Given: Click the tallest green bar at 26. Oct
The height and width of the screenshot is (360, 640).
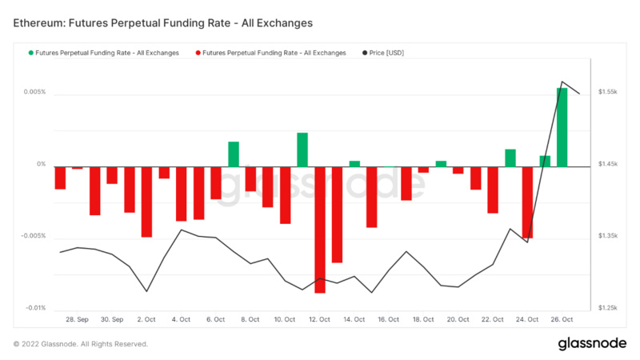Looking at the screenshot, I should coord(562,127).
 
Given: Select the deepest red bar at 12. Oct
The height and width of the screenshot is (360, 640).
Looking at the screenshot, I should coord(320,230).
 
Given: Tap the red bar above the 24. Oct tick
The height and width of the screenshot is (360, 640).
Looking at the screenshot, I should coord(527,202).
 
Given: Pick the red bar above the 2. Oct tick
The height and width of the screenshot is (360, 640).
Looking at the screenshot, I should coord(146,202).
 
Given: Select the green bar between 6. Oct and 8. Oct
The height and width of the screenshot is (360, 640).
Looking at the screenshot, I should coord(234,154).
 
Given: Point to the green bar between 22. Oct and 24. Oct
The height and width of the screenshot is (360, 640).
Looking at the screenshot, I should coord(510,158).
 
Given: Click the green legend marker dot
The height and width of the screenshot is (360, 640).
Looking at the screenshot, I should coord(31,53).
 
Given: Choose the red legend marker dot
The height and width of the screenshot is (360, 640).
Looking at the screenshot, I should coord(198,53).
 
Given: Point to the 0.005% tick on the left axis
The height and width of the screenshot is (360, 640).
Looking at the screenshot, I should coord(34,92).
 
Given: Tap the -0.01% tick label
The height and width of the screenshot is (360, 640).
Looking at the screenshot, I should coord(34,308).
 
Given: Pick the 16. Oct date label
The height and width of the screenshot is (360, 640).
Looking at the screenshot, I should coord(388,319).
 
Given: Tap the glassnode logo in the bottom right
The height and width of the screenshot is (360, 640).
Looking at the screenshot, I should coord(591,343).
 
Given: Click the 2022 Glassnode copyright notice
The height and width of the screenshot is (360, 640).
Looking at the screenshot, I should coord(80,344).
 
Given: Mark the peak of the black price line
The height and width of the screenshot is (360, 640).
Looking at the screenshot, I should coord(562,82).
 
